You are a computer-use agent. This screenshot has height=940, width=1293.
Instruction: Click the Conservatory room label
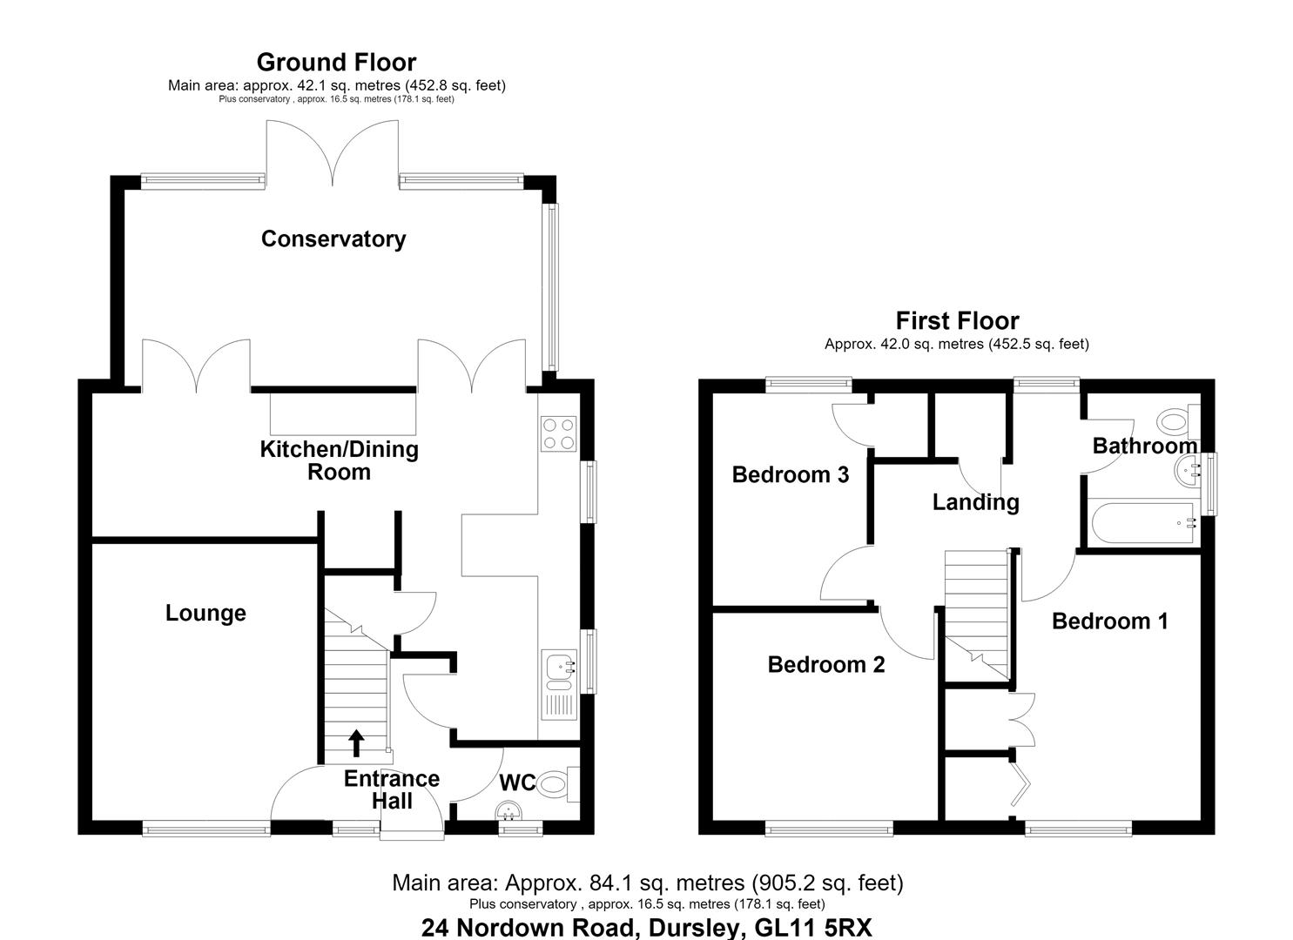(333, 238)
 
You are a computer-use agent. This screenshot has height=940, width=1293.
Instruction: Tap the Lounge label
(205, 614)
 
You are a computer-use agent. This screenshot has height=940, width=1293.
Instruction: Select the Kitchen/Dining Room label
(339, 460)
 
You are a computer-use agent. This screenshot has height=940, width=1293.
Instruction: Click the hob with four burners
(559, 434)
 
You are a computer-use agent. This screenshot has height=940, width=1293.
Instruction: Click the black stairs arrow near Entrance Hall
(357, 743)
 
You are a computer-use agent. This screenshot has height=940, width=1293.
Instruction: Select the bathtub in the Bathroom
(1143, 523)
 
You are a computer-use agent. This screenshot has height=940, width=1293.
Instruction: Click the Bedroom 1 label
(1110, 621)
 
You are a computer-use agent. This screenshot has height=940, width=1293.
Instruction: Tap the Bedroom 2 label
(826, 665)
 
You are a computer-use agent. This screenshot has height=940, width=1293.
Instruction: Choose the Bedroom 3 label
(791, 474)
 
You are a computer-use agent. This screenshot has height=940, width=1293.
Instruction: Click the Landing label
(975, 502)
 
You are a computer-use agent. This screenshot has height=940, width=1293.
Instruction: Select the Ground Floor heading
(336, 63)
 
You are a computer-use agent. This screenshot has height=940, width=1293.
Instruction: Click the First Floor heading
(958, 321)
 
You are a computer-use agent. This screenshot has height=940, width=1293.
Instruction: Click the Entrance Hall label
(392, 789)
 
